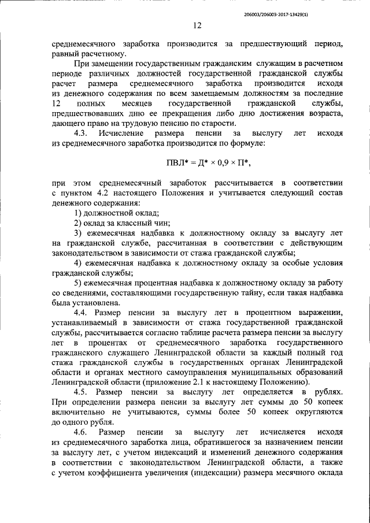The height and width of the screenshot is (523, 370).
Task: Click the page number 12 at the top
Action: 197,25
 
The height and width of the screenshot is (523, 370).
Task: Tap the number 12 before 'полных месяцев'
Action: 56,103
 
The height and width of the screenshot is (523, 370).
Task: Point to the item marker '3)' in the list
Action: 77,233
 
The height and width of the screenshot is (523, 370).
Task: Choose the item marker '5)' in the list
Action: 77,283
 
